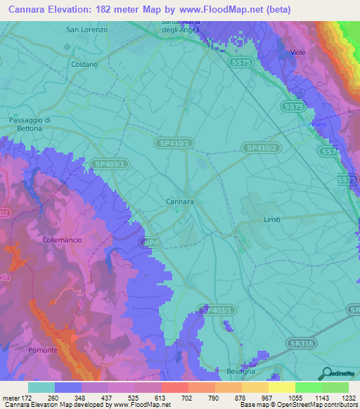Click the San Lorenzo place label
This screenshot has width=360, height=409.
[x=86, y=30]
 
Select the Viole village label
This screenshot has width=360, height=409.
[x=300, y=53]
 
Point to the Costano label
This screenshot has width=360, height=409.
[x=84, y=64]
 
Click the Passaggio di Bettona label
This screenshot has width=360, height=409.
[x=30, y=124]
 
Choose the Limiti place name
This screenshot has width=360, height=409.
[x=271, y=220]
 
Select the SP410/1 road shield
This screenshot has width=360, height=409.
[x=173, y=143]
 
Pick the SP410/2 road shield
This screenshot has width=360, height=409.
[x=261, y=148]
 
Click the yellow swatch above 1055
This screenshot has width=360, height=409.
[x=281, y=387]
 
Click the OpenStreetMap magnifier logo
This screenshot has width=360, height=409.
[x=326, y=373]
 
